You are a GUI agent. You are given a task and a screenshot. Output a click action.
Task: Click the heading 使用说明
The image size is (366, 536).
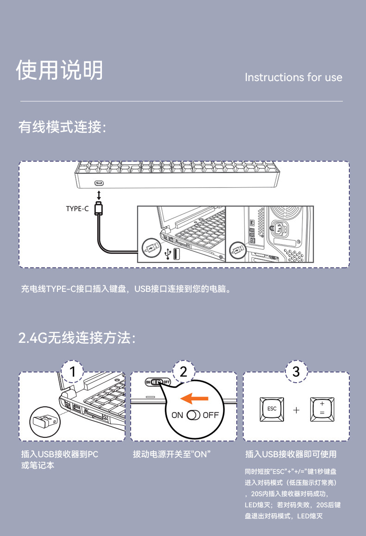(x=59, y=70)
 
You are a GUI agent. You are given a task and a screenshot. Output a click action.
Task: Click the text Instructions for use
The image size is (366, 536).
(x=293, y=77)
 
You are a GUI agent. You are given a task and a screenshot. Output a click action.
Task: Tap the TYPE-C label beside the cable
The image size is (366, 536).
(x=77, y=208)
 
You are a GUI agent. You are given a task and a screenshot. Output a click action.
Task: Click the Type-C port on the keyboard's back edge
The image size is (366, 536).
(x=99, y=183)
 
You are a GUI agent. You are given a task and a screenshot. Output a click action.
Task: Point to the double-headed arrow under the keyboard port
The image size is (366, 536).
(x=99, y=195)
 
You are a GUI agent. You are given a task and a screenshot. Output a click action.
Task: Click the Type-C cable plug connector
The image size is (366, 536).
(x=99, y=208)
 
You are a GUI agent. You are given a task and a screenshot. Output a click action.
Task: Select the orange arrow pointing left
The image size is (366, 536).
(x=194, y=398)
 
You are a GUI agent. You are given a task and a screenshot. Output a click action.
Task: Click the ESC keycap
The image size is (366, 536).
(x=272, y=409)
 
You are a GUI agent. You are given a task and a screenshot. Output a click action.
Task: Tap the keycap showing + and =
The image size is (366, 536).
(x=322, y=409)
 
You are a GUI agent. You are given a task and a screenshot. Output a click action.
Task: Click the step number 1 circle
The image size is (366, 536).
(x=72, y=372)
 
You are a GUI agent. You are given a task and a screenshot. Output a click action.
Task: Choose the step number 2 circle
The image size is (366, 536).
(x=184, y=372)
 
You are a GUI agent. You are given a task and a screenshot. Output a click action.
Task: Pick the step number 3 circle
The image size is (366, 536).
(x=297, y=372)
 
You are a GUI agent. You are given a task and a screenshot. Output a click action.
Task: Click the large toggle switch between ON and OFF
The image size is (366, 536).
(x=193, y=415)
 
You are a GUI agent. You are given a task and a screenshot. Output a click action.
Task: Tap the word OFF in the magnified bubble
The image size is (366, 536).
(x=210, y=415)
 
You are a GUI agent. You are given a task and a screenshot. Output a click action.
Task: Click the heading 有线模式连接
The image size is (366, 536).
(x=62, y=127)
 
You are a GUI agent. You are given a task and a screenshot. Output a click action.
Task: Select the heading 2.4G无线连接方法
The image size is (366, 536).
(x=77, y=338)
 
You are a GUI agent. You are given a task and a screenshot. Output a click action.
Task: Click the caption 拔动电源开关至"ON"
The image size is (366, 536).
(x=171, y=454)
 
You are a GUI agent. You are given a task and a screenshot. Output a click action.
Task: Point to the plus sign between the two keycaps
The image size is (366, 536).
(x=297, y=410)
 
